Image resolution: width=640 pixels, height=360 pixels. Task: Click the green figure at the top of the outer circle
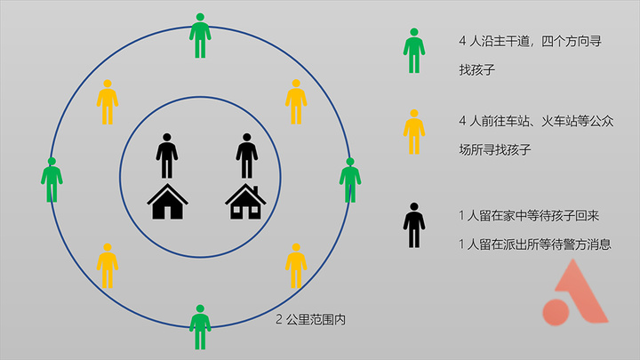pos(200,36)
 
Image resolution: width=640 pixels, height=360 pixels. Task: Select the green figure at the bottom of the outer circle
pos(200,327)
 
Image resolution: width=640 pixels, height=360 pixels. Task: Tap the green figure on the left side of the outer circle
pos(52,180)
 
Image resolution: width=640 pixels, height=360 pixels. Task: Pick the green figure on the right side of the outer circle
pos(350,180)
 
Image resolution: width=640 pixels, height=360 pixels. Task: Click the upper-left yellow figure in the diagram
pos(108,102)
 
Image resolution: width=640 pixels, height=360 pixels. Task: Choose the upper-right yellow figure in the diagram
pos(296,102)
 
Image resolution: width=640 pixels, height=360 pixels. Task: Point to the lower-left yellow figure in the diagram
pos(108,266)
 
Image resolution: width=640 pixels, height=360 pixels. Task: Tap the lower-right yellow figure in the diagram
pos(296,266)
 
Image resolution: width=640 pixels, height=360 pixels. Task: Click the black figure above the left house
pos(166,156)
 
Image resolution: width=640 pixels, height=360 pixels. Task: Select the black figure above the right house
pos(246,156)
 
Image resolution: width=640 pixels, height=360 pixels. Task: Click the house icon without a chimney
pos(167,202)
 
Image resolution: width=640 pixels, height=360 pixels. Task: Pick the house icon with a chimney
pos(245,202)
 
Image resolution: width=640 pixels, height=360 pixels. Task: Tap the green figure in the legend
pos(414,51)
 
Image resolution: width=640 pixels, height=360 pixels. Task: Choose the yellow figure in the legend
pos(414,132)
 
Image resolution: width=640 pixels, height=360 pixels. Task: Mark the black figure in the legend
pos(414,225)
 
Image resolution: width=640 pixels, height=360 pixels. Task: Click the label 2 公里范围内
pos(311,319)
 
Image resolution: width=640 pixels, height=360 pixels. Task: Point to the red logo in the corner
pos(575,292)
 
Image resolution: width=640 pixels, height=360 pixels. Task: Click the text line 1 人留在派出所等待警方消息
pos(535,244)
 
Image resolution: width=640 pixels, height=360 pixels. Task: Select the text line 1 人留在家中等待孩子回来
pos(529,215)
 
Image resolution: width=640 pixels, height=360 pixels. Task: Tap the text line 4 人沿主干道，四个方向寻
pos(530,41)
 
